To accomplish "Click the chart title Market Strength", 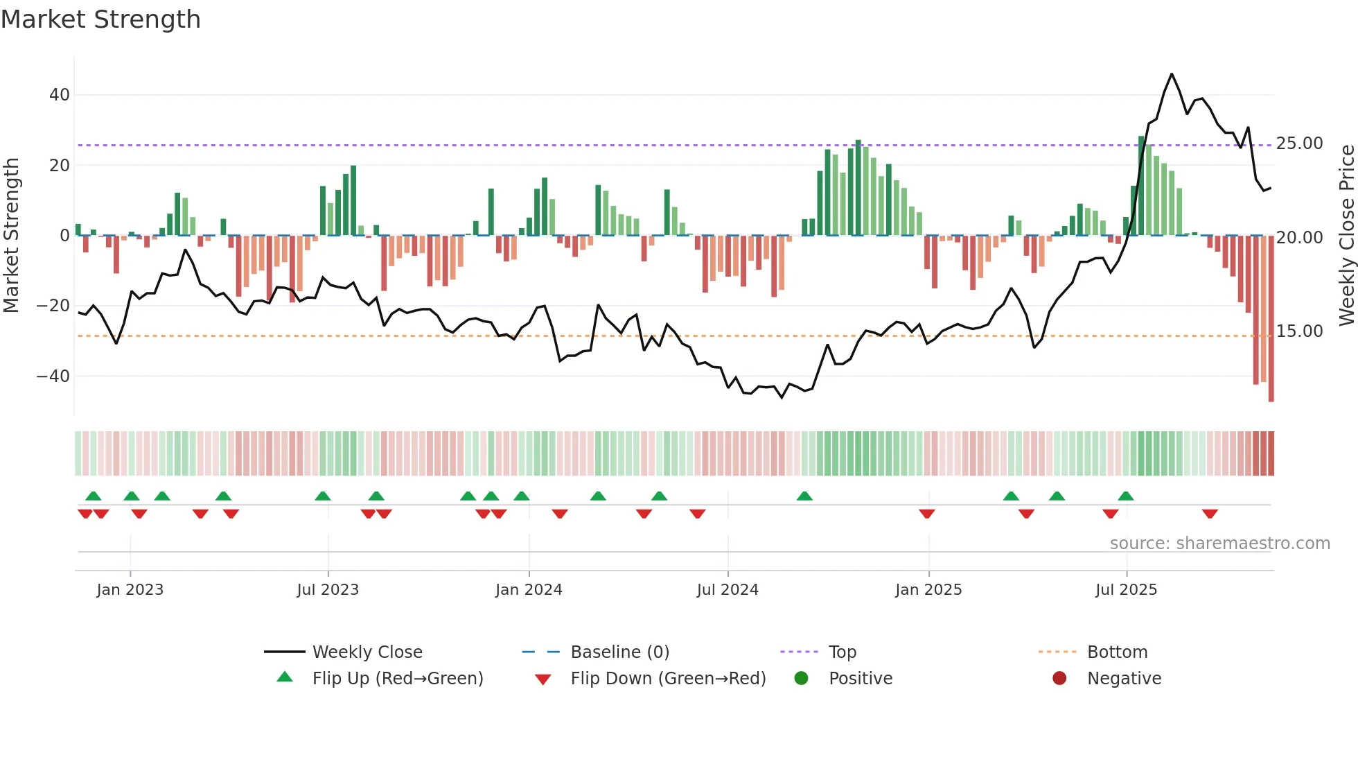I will [x=100, y=19].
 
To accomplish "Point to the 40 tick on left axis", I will [x=60, y=95].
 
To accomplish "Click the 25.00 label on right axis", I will [x=1300, y=144].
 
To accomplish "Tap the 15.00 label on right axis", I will [x=1300, y=331].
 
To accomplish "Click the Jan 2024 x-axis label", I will [x=529, y=590].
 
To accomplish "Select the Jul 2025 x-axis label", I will [x=1126, y=590].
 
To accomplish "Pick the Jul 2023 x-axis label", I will [x=328, y=590].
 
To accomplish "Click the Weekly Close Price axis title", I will [x=1346, y=236].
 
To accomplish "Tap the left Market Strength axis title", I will [x=12, y=236].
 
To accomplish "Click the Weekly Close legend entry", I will [x=367, y=652].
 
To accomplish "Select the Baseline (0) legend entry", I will [x=619, y=652].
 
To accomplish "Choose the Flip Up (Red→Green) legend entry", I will [x=397, y=679].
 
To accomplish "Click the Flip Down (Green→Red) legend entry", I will [x=668, y=679].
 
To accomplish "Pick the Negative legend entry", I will [x=1124, y=679].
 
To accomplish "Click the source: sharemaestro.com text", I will [x=1219, y=544].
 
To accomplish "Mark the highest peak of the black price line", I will [x=1172, y=74].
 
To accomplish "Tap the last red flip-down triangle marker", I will [x=1210, y=514].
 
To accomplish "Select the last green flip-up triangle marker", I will [x=1126, y=496].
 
